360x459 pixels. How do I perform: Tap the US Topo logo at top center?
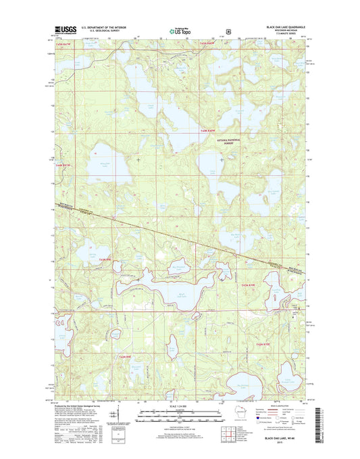click(x=180, y=30)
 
